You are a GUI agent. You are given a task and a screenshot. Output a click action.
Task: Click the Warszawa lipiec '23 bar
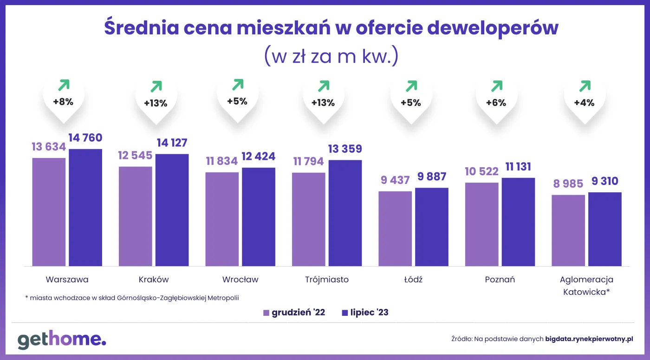pyautogui.click(x=85, y=207)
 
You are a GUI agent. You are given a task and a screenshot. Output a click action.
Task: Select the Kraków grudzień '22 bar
pyautogui.click(x=136, y=216)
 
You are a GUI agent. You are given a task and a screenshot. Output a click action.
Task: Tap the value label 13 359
pyautogui.click(x=345, y=149)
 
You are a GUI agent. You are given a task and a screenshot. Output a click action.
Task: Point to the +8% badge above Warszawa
pyautogui.click(x=63, y=102)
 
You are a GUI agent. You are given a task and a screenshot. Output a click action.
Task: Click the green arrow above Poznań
pyautogui.click(x=496, y=86)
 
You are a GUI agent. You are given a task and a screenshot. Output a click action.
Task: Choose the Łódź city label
pyautogui.click(x=413, y=280)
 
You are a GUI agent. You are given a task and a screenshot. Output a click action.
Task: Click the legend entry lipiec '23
pyautogui.click(x=365, y=313)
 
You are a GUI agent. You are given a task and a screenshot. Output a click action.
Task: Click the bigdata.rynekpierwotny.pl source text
pyautogui.click(x=589, y=339)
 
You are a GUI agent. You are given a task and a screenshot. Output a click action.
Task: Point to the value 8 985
pyautogui.click(x=568, y=184)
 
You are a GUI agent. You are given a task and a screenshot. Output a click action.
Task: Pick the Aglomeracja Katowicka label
pyautogui.click(x=586, y=286)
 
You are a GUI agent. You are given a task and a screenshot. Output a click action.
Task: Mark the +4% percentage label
pyautogui.click(x=584, y=103)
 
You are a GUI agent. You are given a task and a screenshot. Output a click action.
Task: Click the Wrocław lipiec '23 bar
pyautogui.click(x=259, y=216)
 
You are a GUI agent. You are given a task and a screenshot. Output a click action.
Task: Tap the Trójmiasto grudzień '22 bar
pyautogui.click(x=309, y=219)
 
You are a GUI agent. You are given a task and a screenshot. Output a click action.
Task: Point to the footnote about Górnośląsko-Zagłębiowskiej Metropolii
pyautogui.click(x=132, y=298)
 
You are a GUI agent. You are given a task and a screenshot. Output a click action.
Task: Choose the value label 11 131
pyautogui.click(x=518, y=167)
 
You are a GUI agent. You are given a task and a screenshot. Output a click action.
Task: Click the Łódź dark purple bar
pyautogui.click(x=432, y=227)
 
